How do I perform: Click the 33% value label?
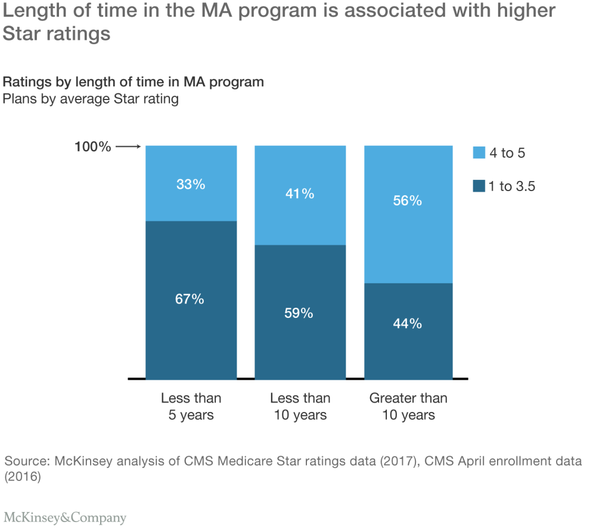(191, 185)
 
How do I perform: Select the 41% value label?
(300, 193)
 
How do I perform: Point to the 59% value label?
(299, 313)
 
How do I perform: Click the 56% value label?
(408, 201)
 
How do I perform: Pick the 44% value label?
(408, 324)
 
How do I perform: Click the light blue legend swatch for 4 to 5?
(479, 154)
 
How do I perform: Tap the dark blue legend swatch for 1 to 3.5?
(479, 186)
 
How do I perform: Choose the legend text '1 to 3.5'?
(512, 186)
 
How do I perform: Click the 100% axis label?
(92, 146)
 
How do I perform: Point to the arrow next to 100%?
(128, 146)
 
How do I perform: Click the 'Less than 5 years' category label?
(191, 407)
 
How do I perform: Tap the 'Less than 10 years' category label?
(300, 407)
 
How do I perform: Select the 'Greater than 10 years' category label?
(408, 407)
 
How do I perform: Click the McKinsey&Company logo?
(65, 517)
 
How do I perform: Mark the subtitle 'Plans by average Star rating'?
(91, 99)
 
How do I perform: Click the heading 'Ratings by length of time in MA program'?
(133, 82)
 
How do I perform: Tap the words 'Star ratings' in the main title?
(57, 34)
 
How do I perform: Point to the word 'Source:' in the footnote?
(27, 461)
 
